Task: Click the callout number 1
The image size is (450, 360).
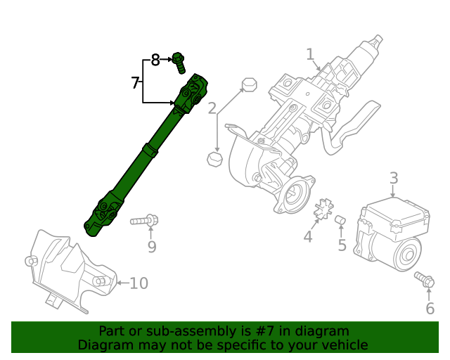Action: (x=309, y=54)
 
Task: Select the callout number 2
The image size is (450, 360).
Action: (x=212, y=108)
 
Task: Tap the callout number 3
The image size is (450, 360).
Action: (x=394, y=179)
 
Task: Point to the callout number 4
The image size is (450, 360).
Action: (x=307, y=237)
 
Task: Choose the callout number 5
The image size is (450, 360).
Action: (x=342, y=245)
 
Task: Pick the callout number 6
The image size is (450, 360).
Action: (x=430, y=308)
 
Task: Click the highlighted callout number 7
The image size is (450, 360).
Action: (x=135, y=83)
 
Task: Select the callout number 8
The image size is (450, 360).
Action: (x=155, y=60)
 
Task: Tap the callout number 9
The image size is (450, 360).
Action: (x=151, y=247)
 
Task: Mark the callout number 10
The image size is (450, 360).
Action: (x=139, y=283)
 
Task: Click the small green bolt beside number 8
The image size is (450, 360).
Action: (x=179, y=63)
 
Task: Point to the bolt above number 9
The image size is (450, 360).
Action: (x=144, y=221)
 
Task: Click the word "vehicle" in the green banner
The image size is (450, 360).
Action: (x=342, y=345)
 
